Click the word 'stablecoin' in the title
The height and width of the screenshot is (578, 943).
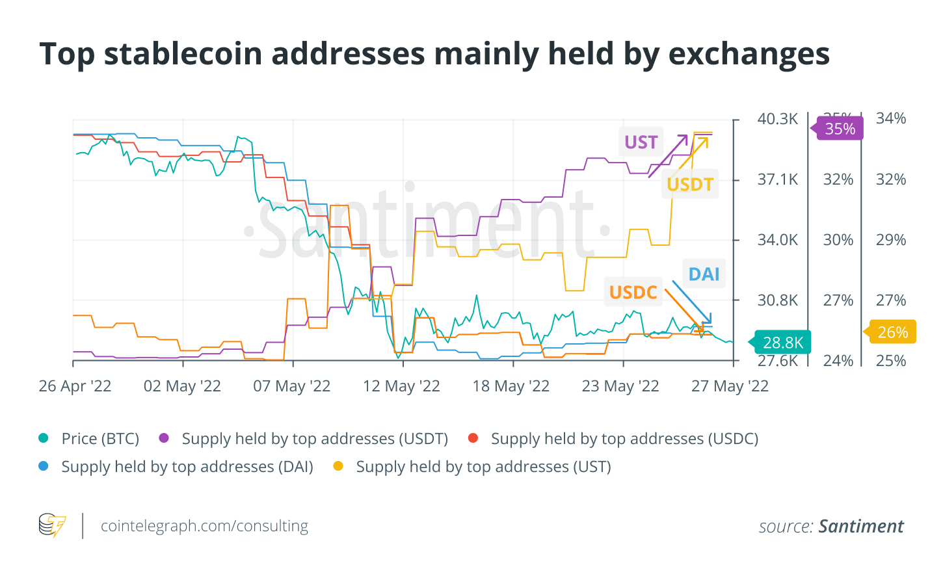tap(184, 54)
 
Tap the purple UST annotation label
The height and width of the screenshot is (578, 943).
tap(641, 142)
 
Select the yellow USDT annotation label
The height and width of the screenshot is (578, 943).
tap(690, 185)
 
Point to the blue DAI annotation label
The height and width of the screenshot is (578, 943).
tap(704, 274)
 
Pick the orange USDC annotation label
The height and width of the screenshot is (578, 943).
tap(633, 293)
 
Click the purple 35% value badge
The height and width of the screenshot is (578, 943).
tap(840, 129)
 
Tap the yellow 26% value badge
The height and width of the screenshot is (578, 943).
tap(892, 332)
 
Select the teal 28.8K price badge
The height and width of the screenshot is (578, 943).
tap(782, 343)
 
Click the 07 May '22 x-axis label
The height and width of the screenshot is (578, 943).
tap(291, 386)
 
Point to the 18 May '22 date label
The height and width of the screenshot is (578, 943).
tap(511, 386)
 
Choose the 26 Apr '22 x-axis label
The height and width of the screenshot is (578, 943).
tap(75, 386)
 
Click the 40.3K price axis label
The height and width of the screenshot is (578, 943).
tap(777, 119)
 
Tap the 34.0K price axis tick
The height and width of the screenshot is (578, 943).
tap(777, 240)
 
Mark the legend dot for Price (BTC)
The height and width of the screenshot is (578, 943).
tap(44, 438)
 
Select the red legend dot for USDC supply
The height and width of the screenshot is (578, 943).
tap(473, 438)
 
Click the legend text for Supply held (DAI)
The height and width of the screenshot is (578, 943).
tap(187, 467)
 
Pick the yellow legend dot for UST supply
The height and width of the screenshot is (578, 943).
tap(338, 466)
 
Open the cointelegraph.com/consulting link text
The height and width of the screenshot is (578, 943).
tap(204, 525)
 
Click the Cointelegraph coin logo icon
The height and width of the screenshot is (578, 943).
tap(52, 525)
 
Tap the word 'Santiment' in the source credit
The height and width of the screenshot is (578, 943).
tap(861, 526)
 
